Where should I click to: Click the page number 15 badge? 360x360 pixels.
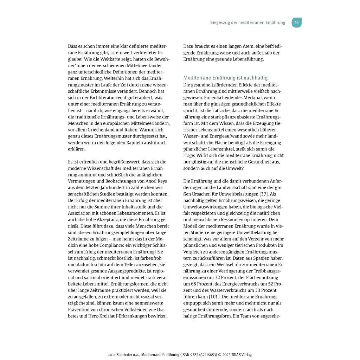point(296,22)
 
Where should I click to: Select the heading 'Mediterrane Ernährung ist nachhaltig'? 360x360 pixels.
point(225,78)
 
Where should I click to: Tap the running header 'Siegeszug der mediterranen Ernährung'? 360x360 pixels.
point(247,23)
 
